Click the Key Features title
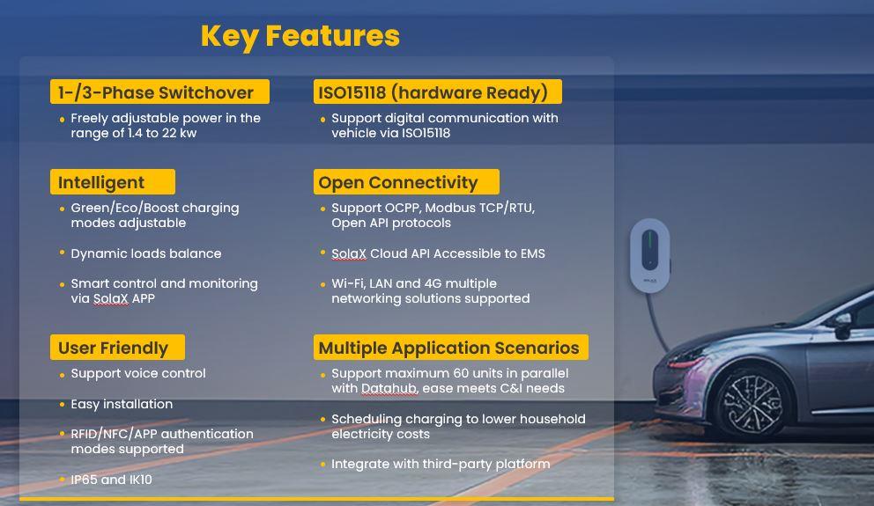[300, 36]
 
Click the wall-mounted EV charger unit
[650, 255]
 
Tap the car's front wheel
[752, 403]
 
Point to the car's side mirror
[843, 325]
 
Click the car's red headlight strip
[686, 363]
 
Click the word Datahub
[390, 388]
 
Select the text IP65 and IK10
[112, 480]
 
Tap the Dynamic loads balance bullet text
[146, 253]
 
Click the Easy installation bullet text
[122, 404]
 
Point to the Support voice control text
[138, 373]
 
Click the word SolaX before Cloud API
[349, 253]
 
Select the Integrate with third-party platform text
[441, 464]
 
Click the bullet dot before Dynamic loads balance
[62, 253]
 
